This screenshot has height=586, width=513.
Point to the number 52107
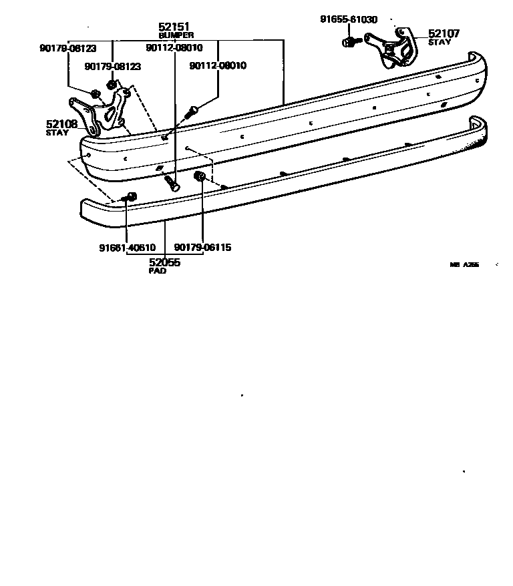(x=444, y=33)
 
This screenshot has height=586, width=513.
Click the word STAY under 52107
(x=440, y=42)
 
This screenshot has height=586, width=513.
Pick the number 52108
(x=61, y=124)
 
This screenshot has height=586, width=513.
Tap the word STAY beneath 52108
(x=57, y=133)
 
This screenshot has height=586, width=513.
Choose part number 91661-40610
(x=127, y=248)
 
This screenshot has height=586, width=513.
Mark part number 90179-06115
(x=202, y=248)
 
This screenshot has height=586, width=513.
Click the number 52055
(x=164, y=262)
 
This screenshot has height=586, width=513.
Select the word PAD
(x=158, y=271)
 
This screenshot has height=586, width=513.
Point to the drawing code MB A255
(x=464, y=265)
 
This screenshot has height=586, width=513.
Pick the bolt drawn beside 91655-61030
(x=350, y=43)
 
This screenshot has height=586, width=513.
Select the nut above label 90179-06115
(x=198, y=176)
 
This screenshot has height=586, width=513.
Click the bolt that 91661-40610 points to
(x=129, y=197)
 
